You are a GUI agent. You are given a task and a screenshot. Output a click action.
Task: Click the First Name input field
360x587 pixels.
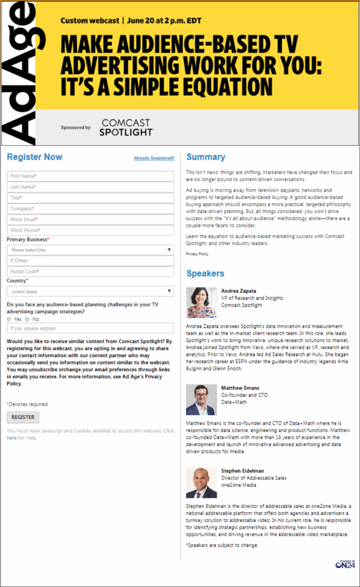tap(90, 176)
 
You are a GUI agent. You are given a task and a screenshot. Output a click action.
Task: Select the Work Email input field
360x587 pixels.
tap(90, 219)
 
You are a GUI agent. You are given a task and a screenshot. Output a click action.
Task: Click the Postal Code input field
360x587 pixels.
tap(90, 272)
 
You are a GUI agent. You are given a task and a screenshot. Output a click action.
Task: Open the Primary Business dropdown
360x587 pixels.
tap(90, 250)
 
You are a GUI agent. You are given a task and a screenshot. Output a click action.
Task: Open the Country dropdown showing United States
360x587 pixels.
tap(90, 291)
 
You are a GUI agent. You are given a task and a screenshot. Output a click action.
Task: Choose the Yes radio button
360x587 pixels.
tap(9, 319)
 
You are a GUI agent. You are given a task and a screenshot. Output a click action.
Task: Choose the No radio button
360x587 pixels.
tap(27, 319)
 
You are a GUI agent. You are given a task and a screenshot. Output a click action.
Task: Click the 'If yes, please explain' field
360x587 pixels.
tap(90, 328)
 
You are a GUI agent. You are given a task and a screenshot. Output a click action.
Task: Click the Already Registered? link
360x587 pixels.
tap(154, 158)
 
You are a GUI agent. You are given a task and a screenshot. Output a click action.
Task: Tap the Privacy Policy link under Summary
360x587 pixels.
tap(197, 254)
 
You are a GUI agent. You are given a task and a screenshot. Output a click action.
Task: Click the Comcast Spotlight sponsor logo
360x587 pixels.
tap(126, 127)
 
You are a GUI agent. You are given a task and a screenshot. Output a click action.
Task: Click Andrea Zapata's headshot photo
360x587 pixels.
tap(201, 302)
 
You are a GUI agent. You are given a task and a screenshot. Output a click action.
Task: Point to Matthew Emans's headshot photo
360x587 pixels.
tap(201, 399)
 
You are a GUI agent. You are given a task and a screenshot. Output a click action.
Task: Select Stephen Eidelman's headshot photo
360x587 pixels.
tap(201, 482)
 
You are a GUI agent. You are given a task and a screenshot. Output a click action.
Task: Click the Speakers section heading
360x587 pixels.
tap(205, 273)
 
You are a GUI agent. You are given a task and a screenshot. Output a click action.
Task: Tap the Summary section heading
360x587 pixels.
tap(206, 157)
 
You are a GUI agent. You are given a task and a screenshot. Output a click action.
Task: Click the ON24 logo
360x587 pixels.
tap(345, 564)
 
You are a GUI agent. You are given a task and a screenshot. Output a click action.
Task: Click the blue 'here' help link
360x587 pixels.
tap(12, 438)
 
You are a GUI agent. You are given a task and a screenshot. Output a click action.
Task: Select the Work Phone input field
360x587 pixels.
tap(90, 230)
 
